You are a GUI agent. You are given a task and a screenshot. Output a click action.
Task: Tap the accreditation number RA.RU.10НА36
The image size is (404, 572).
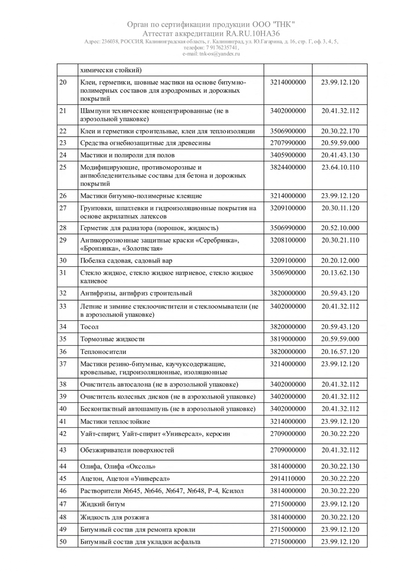click(x=252, y=34)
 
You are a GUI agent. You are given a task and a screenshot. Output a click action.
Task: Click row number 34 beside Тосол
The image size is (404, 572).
click(x=63, y=327)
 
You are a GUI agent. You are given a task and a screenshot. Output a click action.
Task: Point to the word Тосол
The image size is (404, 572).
click(x=89, y=327)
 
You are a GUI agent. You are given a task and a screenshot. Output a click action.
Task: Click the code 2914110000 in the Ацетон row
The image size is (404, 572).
click(x=288, y=478)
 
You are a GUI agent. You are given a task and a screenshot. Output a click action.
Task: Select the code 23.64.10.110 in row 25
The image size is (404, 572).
click(x=340, y=167)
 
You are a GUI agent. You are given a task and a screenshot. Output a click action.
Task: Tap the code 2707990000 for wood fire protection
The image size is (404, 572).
click(x=288, y=143)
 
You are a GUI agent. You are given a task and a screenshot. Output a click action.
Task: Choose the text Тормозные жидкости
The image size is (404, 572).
click(x=112, y=339)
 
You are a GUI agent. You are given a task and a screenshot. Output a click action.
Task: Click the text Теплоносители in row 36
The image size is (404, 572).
click(x=103, y=352)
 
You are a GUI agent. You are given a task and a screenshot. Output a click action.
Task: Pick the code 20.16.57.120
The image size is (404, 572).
click(x=340, y=352)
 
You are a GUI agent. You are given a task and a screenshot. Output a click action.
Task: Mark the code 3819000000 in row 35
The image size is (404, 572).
click(x=288, y=339)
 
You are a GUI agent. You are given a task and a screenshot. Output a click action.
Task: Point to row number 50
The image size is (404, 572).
click(x=63, y=542)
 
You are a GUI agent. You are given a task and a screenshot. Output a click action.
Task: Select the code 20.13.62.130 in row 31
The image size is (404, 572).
click(x=340, y=273)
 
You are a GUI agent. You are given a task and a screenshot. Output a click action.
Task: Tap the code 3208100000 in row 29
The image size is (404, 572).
click(x=288, y=240)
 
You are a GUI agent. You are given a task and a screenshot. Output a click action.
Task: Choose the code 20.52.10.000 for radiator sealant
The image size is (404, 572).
click(x=340, y=228)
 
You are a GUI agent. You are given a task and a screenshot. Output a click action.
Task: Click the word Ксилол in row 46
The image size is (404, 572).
click(x=232, y=491)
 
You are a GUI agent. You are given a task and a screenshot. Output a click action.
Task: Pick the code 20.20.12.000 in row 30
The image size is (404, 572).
click(x=340, y=260)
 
